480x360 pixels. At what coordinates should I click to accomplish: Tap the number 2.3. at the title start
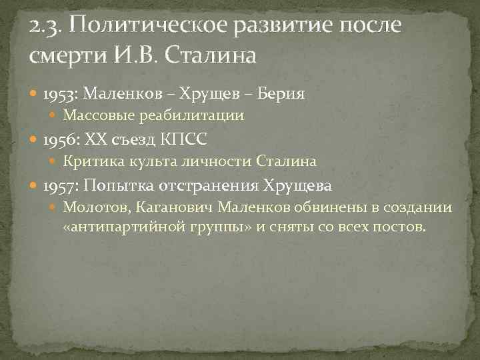47,27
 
